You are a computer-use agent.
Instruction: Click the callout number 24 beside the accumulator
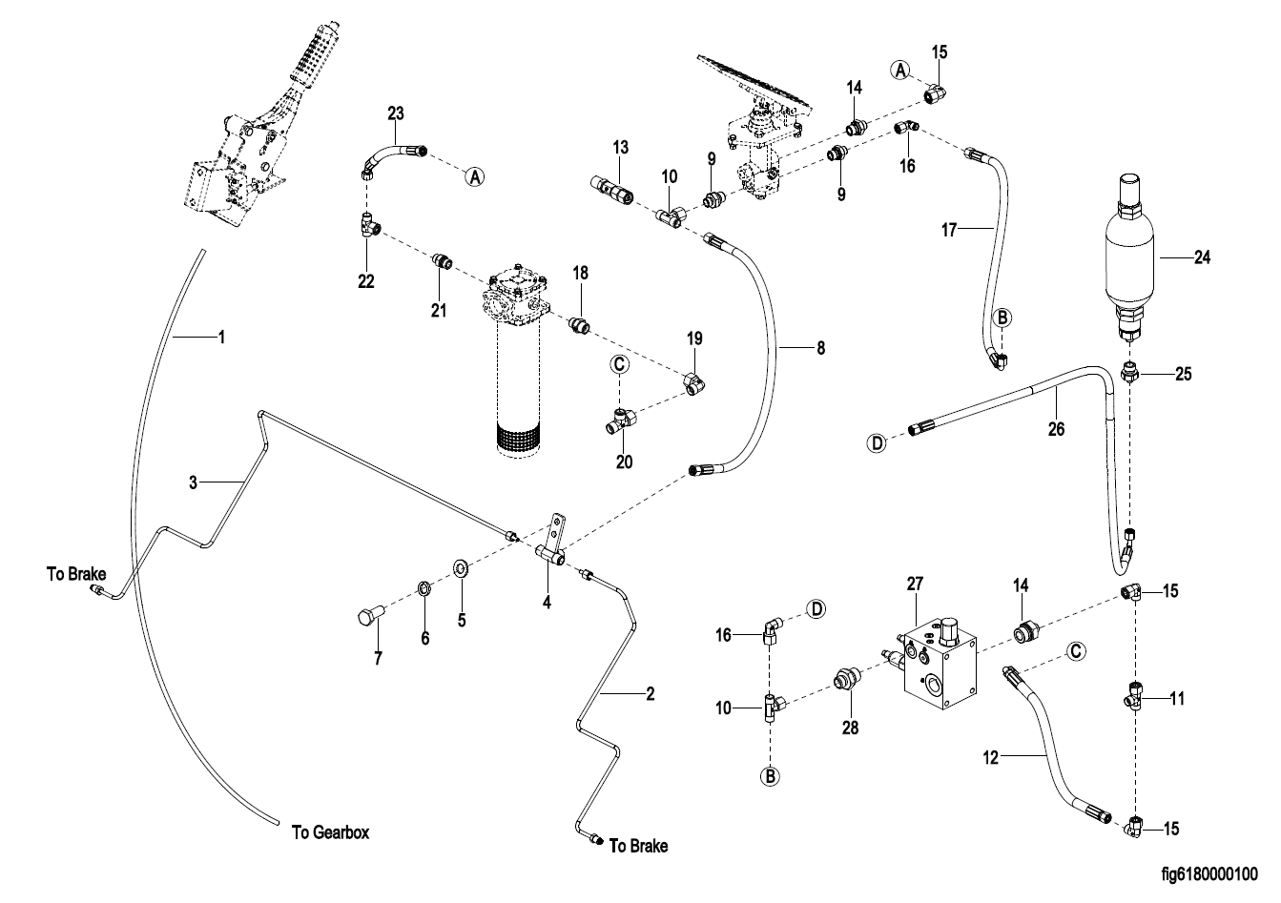pyautogui.click(x=1202, y=257)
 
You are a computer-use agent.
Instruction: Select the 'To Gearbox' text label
pyautogui.click(x=330, y=832)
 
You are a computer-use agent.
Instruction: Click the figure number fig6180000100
pyautogui.click(x=1209, y=873)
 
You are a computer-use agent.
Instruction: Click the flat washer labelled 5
pyautogui.click(x=461, y=570)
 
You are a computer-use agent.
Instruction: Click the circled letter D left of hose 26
pyautogui.click(x=877, y=441)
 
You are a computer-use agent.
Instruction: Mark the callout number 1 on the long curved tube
pyautogui.click(x=220, y=337)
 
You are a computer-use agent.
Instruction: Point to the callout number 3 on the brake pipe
pyautogui.click(x=193, y=483)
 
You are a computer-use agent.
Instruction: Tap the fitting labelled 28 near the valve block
pyautogui.click(x=843, y=679)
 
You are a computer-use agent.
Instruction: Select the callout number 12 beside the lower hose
pyautogui.click(x=990, y=758)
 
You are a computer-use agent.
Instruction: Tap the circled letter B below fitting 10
pyautogui.click(x=770, y=777)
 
